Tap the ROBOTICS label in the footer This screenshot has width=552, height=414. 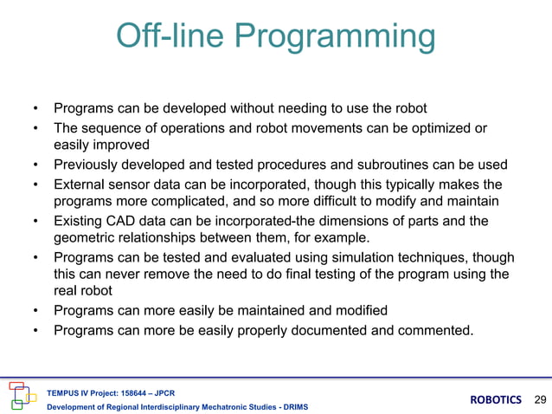[496, 399]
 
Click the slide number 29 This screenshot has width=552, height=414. [542, 399]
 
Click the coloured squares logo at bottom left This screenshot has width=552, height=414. [22, 394]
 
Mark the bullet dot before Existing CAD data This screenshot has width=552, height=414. [35, 220]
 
